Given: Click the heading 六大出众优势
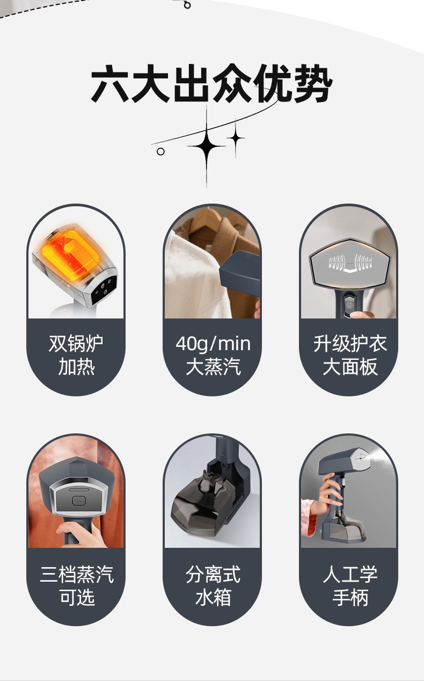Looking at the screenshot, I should click(211, 84).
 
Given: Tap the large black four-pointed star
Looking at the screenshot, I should click(207, 146).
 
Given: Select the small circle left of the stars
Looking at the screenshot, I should click(160, 151).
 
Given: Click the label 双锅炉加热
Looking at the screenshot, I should click(76, 356).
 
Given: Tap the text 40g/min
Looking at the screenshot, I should click(213, 344).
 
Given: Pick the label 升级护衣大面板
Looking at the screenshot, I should click(349, 356).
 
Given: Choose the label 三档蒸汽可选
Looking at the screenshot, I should click(76, 585).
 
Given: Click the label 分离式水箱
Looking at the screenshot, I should click(213, 585).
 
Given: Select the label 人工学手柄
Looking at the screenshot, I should click(349, 585).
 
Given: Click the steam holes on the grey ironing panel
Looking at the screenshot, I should click(349, 263).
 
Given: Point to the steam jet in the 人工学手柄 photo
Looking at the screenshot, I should click(376, 457).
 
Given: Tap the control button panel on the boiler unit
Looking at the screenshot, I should click(102, 287).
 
